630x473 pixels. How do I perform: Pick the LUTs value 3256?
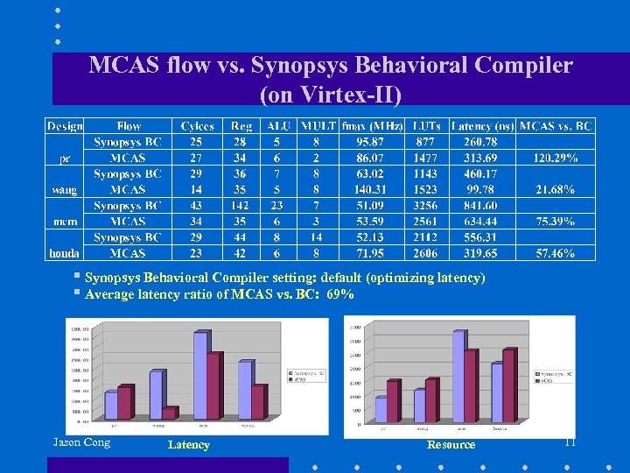tap(426, 205)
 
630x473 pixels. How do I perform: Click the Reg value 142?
tap(240, 205)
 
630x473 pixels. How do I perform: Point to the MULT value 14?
tap(316, 236)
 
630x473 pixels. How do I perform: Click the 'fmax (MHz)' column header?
tap(367, 126)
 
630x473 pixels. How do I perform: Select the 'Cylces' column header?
tap(197, 126)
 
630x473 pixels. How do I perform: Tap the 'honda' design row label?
tap(65, 252)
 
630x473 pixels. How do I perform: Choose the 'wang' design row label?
tap(65, 189)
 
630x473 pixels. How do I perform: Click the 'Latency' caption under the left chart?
tap(188, 445)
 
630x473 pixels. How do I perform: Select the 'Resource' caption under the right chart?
tap(451, 445)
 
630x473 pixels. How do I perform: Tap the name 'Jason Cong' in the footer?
tap(81, 442)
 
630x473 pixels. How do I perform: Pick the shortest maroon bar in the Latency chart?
tap(169, 413)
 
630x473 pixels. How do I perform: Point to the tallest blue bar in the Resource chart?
tap(458, 376)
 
